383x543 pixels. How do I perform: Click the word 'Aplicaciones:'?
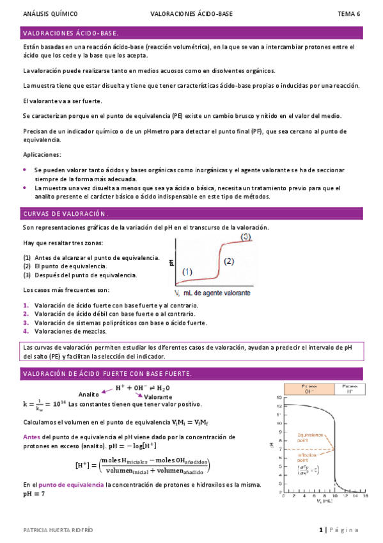[x=42, y=155]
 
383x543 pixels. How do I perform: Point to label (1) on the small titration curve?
[x=187, y=271]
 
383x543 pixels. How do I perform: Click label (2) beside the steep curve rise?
[x=230, y=261]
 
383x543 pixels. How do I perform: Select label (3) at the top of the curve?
[x=246, y=237]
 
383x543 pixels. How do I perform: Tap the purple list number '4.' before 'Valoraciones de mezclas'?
[x=26, y=331]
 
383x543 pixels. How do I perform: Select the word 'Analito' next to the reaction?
[x=89, y=394]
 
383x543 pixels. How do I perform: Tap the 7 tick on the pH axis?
[x=279, y=449]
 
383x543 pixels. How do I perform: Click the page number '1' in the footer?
[x=321, y=530]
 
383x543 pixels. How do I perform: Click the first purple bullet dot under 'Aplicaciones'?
[x=25, y=170]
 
